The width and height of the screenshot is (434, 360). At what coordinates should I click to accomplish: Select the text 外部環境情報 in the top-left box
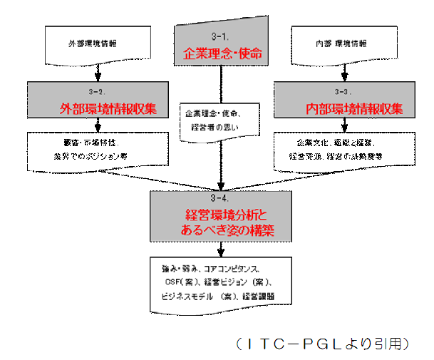93,44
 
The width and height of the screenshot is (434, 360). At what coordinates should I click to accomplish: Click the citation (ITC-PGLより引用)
322,344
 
